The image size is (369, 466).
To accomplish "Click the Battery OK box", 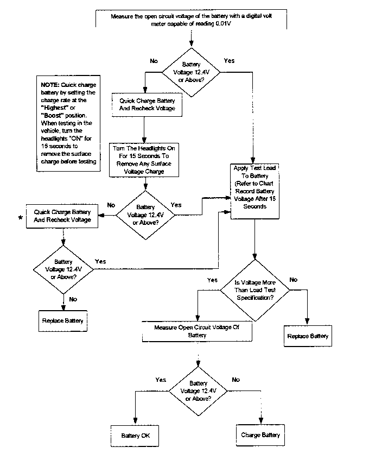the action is coord(135,436).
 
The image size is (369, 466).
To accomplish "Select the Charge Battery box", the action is coord(260,435).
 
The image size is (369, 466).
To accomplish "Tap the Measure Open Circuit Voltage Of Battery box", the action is coord(197,331).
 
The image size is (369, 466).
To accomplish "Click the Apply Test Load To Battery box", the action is coord(255,191).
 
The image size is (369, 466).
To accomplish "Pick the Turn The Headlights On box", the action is coord(144,160).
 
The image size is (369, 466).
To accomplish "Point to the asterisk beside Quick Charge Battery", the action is coord(21,218).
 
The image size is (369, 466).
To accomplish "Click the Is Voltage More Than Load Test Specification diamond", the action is coord(255,290).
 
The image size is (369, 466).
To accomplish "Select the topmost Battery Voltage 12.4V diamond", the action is coord(191,72).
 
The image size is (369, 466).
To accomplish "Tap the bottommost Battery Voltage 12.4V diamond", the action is coord(198,391).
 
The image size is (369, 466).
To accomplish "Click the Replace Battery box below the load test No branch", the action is coord(308,336).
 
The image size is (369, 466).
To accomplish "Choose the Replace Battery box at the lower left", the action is coord(62,321).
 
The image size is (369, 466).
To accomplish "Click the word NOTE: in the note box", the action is coord(50,85).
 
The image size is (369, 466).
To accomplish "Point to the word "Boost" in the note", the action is coord(53,116).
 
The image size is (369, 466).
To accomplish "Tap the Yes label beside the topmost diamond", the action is coord(229,61).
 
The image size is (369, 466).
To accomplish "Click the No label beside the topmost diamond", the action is coord(154,61).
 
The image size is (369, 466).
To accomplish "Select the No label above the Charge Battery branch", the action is coord(236,380).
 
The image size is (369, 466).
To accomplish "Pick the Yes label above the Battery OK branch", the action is coord(161,380).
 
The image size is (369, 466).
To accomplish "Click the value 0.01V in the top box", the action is coord(223,24).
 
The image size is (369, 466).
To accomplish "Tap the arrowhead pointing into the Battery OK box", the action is coord(135,421).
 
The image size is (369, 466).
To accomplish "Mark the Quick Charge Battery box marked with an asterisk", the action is coord(62,216).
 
